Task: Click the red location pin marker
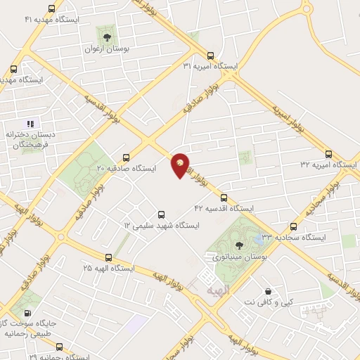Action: pos(181,165)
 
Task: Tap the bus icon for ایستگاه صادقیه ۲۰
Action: pos(126,157)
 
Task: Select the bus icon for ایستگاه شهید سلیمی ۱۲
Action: pos(161,214)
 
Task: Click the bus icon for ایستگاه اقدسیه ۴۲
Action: pos(224,198)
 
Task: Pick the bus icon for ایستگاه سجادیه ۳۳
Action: pos(293,226)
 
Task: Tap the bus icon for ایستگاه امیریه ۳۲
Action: pos(328,154)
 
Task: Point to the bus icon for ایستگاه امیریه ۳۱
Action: pos(210,56)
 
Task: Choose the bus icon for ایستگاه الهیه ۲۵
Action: pos(108,257)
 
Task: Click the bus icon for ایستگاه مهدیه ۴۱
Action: pos(52,9)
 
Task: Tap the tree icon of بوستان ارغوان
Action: pos(107,37)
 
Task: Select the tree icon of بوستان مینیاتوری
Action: pos(240,245)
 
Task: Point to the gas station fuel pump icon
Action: pos(27,314)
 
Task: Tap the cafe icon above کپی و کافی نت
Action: pos(268,292)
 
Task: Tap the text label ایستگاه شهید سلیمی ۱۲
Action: pos(161,226)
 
